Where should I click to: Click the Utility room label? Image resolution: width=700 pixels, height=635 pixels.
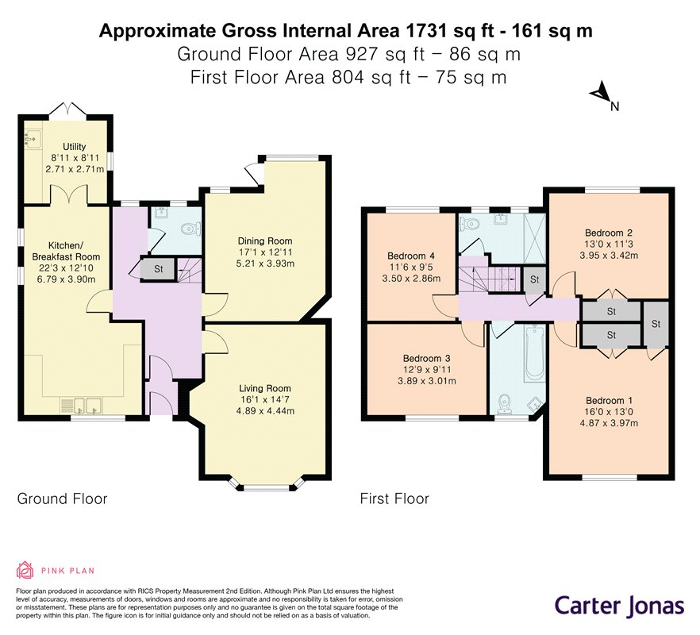click(x=74, y=147)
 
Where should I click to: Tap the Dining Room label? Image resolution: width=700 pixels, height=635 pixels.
click(x=265, y=241)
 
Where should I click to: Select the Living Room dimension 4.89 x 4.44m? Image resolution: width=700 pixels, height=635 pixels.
click(x=265, y=411)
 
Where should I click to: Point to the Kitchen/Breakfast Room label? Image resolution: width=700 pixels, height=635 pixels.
click(x=66, y=251)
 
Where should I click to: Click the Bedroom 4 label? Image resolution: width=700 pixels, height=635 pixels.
click(x=411, y=256)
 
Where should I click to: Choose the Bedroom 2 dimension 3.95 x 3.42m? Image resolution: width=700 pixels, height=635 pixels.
click(x=609, y=256)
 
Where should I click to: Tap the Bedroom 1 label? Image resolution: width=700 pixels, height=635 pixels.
click(x=609, y=401)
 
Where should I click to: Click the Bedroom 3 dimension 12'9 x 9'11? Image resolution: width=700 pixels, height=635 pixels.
click(x=427, y=370)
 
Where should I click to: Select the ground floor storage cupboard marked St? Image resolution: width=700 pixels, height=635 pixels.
click(x=158, y=269)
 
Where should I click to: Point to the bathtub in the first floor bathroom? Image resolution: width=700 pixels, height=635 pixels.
click(x=535, y=352)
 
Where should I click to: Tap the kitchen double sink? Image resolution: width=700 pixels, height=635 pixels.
click(x=87, y=406)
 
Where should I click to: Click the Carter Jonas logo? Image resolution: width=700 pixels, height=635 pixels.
click(x=619, y=606)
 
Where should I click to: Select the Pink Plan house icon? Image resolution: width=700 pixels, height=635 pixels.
click(x=25, y=570)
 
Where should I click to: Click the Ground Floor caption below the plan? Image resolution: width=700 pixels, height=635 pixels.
click(x=62, y=498)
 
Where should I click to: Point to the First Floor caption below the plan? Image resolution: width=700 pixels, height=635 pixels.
click(x=394, y=498)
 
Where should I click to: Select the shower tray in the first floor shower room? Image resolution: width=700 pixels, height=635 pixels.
click(x=534, y=238)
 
